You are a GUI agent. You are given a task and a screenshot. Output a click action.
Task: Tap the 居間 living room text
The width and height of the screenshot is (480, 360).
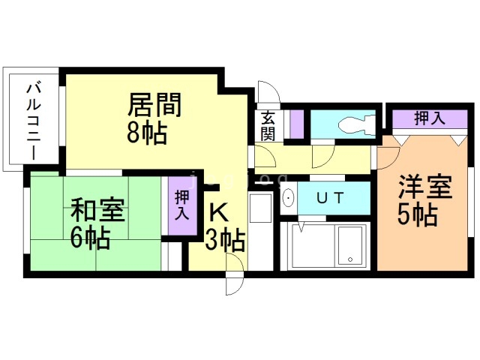tap(154, 106)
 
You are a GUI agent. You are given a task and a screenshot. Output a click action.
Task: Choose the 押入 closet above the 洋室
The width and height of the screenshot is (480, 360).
tap(429, 118)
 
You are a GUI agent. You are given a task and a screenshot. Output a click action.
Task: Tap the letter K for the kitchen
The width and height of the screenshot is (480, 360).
tap(217, 212)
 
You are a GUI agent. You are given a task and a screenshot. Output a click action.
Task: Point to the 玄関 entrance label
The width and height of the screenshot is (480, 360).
tap(268, 125)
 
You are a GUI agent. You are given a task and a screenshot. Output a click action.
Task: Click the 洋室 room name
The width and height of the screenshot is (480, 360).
tap(426, 186)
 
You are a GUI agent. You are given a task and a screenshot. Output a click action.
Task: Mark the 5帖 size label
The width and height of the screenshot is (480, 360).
tap(417, 215)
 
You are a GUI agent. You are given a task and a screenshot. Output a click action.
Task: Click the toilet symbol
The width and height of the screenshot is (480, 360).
tap(352, 122)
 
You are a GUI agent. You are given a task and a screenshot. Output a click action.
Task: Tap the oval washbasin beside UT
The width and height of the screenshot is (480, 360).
tap(289, 199)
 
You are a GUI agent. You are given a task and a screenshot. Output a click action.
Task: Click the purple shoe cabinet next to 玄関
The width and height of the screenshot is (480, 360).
tap(297, 124)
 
